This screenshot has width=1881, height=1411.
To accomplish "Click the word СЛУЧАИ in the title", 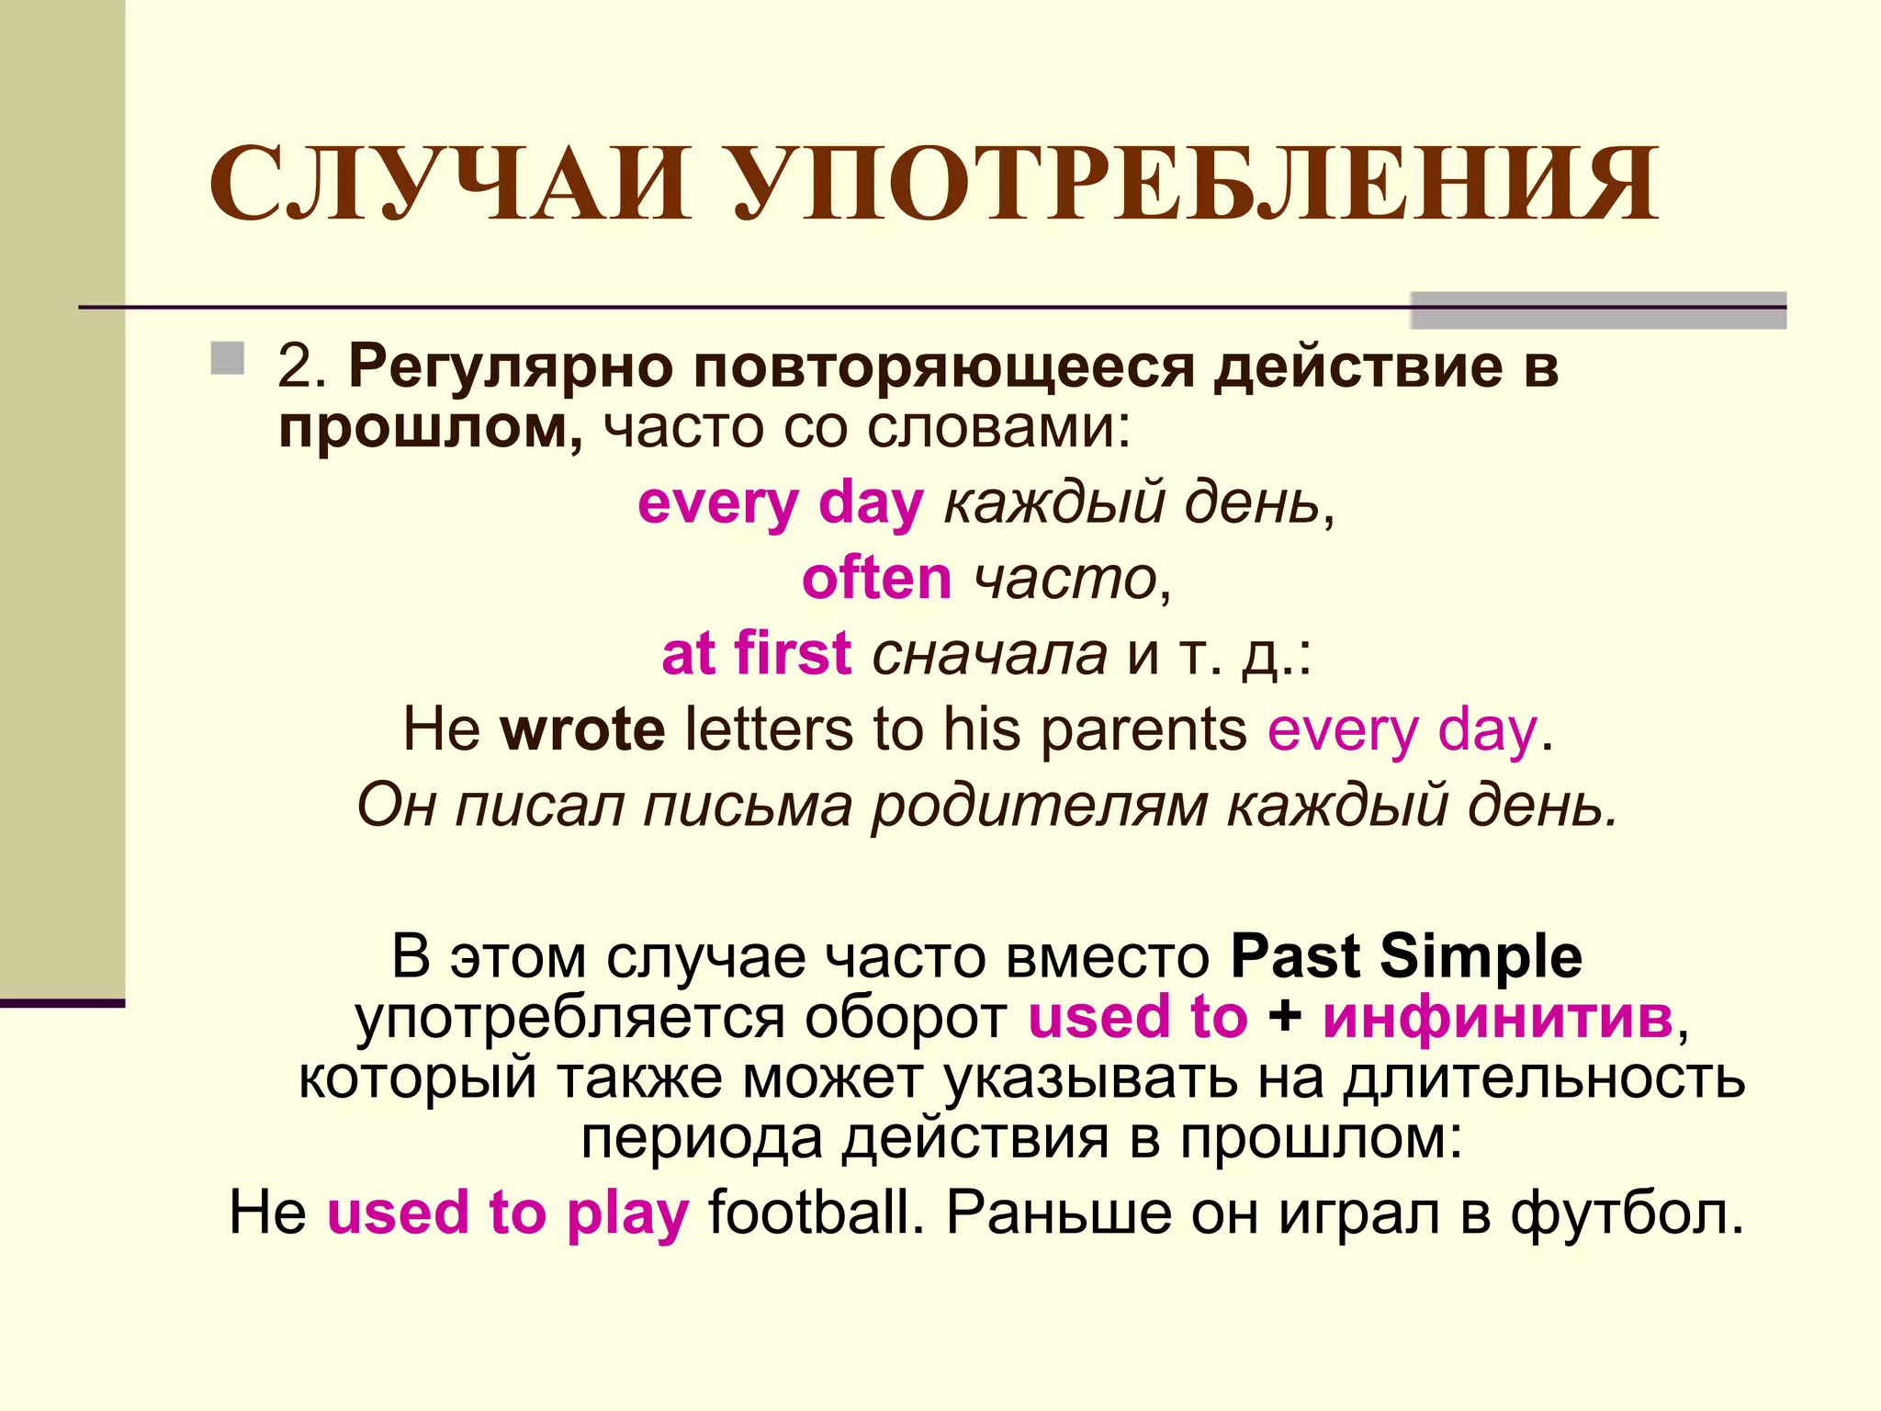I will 450,184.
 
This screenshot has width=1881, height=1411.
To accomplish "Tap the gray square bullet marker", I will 227,358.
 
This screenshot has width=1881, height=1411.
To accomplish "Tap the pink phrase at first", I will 756,654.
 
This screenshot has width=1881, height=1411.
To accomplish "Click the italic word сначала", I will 989,654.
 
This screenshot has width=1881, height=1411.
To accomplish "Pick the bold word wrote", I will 582,729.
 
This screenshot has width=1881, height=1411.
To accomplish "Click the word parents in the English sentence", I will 1143,729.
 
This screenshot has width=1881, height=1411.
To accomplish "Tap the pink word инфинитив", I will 1498,1017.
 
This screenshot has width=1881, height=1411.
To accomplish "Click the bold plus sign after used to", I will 1285,1017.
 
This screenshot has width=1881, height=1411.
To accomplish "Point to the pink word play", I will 628,1214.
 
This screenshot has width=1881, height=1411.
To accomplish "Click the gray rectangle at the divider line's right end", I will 1598,310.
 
